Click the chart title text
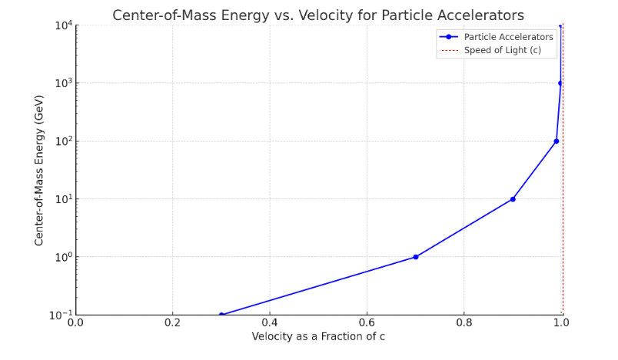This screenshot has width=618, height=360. pos(318,15)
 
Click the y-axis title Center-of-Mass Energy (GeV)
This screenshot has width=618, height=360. pos(39,170)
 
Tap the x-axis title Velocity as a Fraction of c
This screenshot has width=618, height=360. pos(319,337)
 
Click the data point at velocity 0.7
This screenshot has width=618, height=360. pos(416,257)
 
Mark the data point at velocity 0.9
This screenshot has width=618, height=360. pos(513,199)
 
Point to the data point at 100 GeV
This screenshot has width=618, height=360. pos(557,141)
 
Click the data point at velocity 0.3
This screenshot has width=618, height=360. pos(221,315)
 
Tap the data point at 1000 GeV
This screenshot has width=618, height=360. pos(560,83)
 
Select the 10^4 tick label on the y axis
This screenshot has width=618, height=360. pos(62,25)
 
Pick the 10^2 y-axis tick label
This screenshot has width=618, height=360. pos(62,141)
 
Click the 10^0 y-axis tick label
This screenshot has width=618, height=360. pos(62,257)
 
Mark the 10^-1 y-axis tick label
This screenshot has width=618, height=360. pos(61,315)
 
